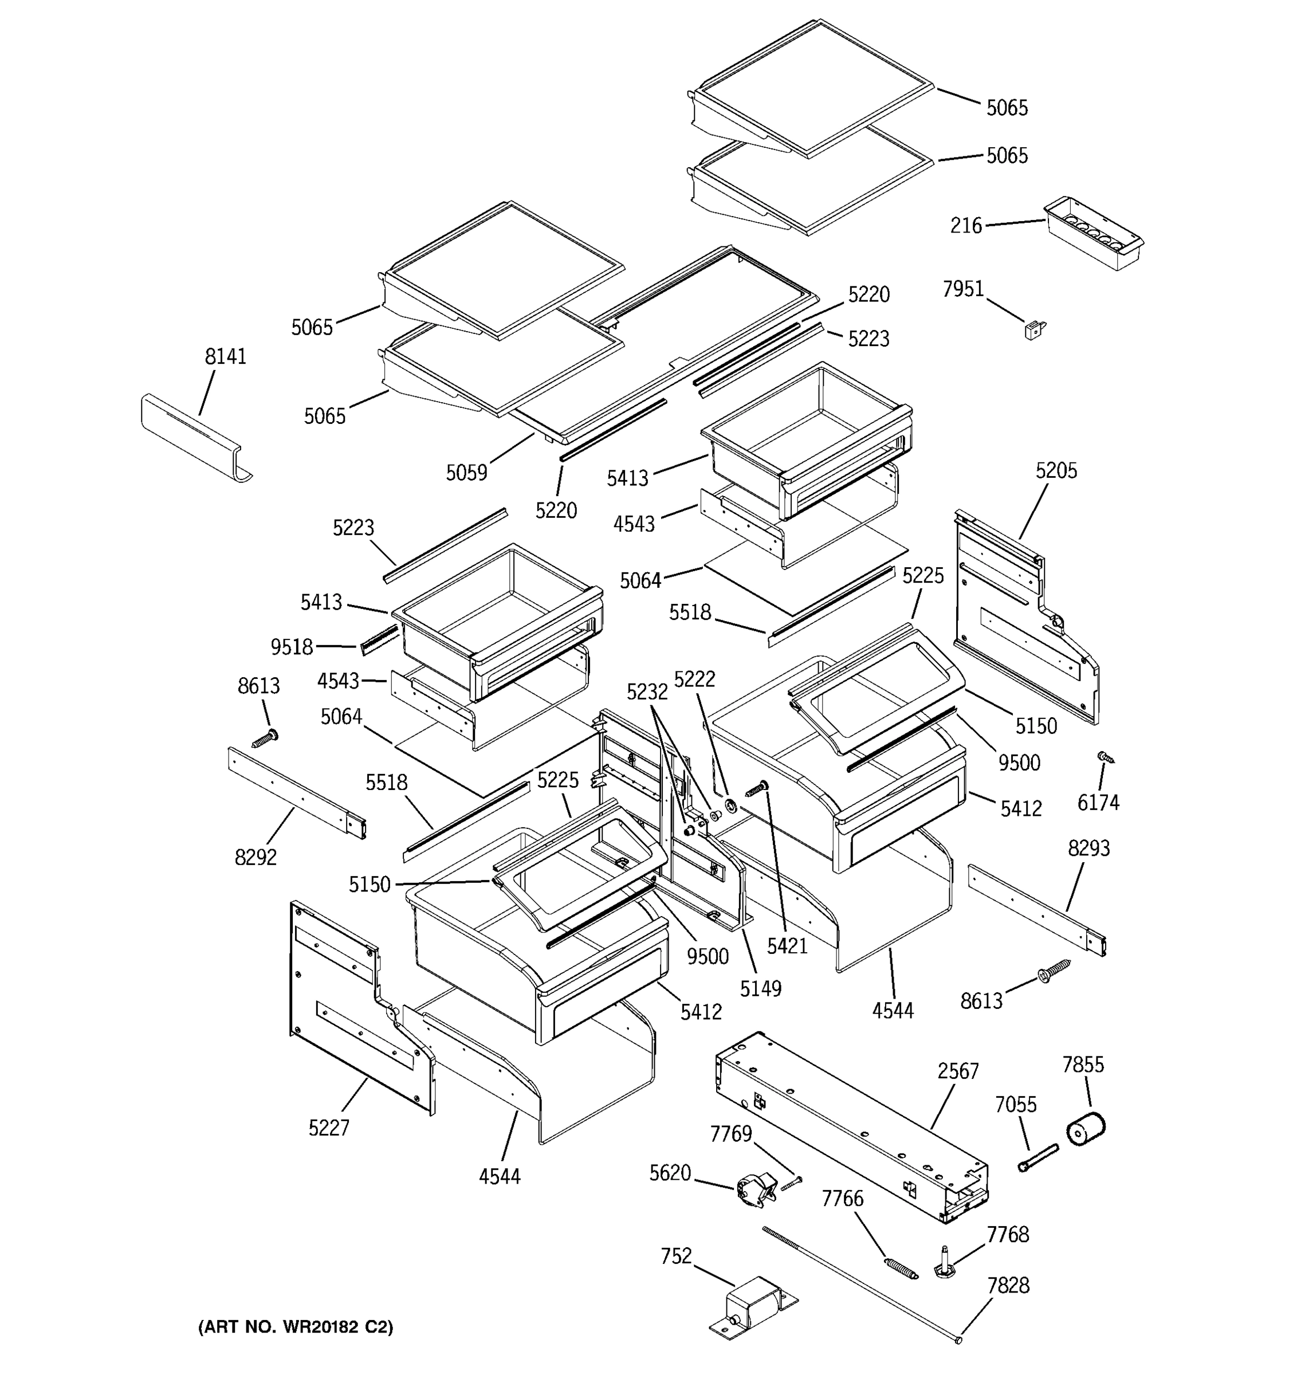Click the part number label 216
coord(965,226)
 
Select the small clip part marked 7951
coord(1035,331)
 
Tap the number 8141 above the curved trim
coord(226,357)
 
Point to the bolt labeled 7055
coord(1038,1158)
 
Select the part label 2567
coord(958,1071)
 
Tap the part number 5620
coord(669,1173)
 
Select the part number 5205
coord(1055,471)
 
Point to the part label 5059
coord(466,473)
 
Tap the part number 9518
coord(291,647)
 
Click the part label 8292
coord(255,858)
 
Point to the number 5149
coord(760,989)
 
